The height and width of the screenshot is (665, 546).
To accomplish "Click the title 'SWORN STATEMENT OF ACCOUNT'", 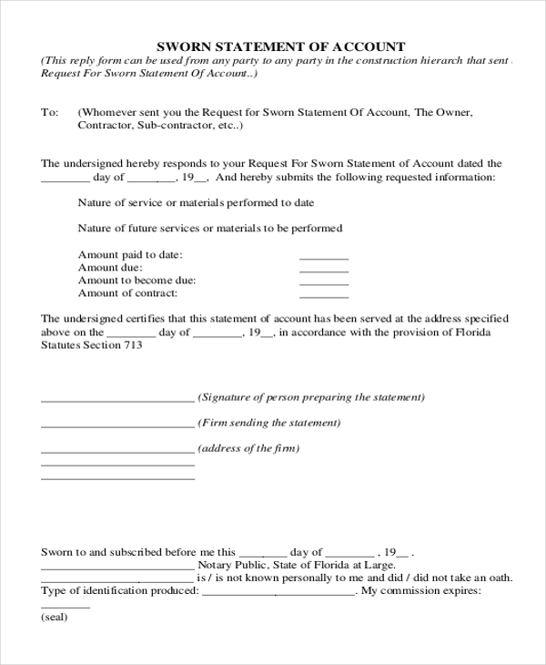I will point(282,46).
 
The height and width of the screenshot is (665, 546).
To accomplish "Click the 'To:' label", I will point(50,112).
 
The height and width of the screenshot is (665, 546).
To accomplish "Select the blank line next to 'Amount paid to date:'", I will point(324,258).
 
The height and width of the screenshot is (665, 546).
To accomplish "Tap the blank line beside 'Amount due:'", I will point(324,271).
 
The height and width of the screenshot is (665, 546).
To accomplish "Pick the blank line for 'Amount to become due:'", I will point(324,283).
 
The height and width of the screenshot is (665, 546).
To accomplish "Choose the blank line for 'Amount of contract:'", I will point(324,296).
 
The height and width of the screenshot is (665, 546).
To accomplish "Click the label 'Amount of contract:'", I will point(127,293).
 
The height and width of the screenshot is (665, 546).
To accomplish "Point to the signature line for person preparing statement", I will point(117,401).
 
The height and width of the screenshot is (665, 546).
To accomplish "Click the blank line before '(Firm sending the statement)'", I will point(117,426).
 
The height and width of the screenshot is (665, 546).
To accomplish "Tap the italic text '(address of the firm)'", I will point(248,448).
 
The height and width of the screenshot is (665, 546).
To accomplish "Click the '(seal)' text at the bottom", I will point(56,617).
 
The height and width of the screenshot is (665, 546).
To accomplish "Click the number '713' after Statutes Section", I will point(131,345).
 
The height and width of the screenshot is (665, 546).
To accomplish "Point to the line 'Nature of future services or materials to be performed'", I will point(210,228).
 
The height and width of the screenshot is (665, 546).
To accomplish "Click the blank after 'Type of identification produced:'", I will point(278,593).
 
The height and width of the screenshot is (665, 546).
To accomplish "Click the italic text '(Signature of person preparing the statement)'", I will point(311,397).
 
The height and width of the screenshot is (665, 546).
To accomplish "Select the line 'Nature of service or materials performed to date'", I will point(197,202).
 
